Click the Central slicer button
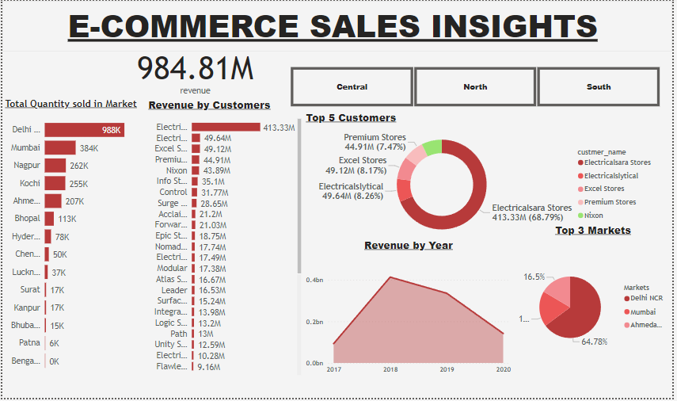352,86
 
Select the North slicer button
475,86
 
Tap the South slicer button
599,86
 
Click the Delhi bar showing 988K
83,129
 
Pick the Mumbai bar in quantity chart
60,147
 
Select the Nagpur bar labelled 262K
55,165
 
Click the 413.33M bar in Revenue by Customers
226,127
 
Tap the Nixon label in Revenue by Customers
177,170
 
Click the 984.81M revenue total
196,69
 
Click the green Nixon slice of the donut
432,147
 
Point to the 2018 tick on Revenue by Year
390,369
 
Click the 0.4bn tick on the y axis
314,281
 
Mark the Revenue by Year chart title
409,245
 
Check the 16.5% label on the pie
534,277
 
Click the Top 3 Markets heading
593,230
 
